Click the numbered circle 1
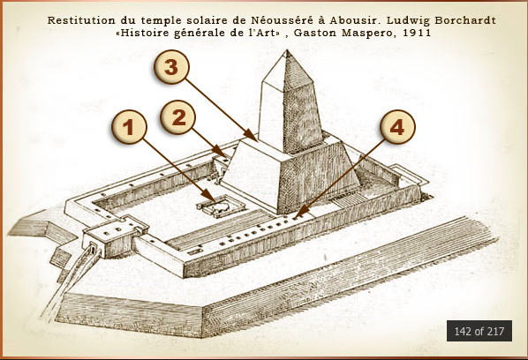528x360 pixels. click(129, 127)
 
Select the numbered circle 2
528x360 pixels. click(177, 117)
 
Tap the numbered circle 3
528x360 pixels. click(171, 66)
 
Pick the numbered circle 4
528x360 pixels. click(397, 127)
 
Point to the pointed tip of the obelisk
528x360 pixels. click(287, 50)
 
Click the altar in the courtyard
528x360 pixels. click(221, 206)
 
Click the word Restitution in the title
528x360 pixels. click(81, 20)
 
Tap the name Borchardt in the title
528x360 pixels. click(465, 20)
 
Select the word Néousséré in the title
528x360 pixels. click(282, 20)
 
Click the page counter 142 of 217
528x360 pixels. click(479, 331)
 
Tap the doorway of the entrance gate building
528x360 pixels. click(93, 250)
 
